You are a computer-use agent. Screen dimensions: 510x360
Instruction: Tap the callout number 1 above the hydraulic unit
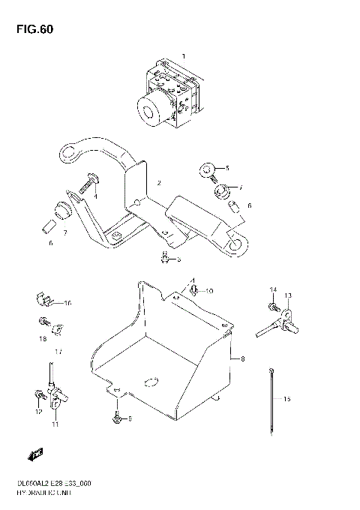(x=182, y=56)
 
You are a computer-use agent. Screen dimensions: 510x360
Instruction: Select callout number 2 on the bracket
(x=159, y=183)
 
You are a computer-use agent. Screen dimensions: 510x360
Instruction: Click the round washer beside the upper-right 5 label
(x=207, y=170)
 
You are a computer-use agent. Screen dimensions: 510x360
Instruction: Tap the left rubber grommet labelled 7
(x=61, y=208)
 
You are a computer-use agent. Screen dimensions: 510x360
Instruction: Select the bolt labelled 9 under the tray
(x=116, y=416)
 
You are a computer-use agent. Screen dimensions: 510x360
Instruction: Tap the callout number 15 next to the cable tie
(x=286, y=400)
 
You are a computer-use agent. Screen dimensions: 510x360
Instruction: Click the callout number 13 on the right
(x=287, y=295)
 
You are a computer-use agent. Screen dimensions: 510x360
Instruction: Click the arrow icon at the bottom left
(x=34, y=453)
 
